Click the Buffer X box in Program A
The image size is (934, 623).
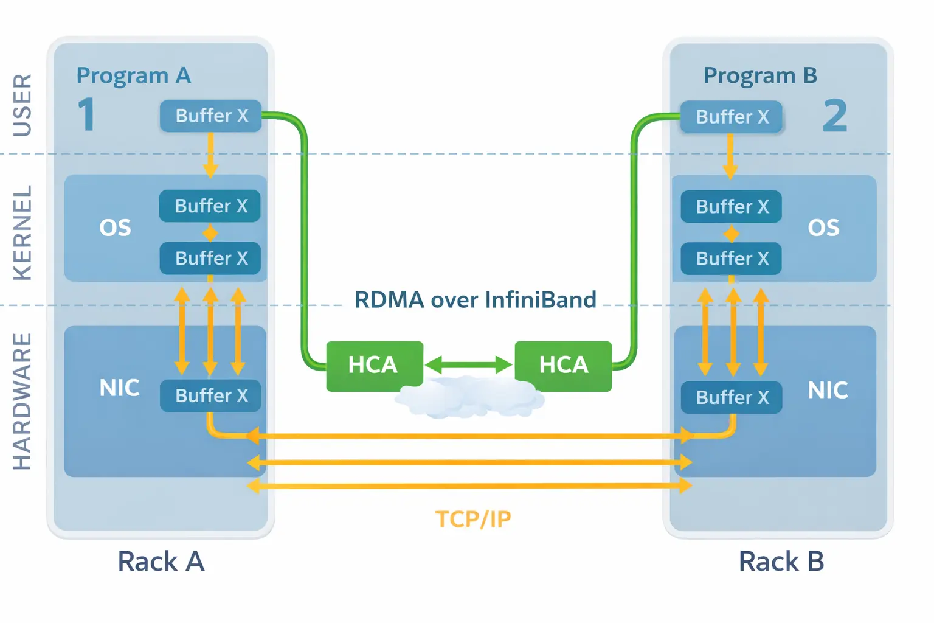click(x=211, y=116)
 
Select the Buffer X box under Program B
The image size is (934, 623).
click(x=732, y=117)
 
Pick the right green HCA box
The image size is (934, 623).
click(x=563, y=365)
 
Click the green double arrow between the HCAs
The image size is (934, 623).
click(x=469, y=365)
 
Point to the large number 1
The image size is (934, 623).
click(x=87, y=114)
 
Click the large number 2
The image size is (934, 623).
click(x=835, y=116)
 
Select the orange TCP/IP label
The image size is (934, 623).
click(x=473, y=519)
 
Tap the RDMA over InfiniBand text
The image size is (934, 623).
click(x=475, y=300)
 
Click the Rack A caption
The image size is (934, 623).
click(x=161, y=561)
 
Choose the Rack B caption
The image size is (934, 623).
click(x=781, y=561)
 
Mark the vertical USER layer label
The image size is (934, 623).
click(x=22, y=105)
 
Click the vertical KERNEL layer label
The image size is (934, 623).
click(x=22, y=232)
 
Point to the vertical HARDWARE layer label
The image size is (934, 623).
click(x=22, y=401)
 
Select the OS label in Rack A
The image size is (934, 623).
click(x=115, y=228)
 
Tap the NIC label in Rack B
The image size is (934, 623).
click(x=828, y=390)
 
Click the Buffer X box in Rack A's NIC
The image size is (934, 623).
click(x=211, y=395)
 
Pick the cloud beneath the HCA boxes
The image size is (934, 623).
click(x=469, y=399)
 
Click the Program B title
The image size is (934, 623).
click(x=760, y=75)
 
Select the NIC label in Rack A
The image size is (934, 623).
click(x=119, y=388)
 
